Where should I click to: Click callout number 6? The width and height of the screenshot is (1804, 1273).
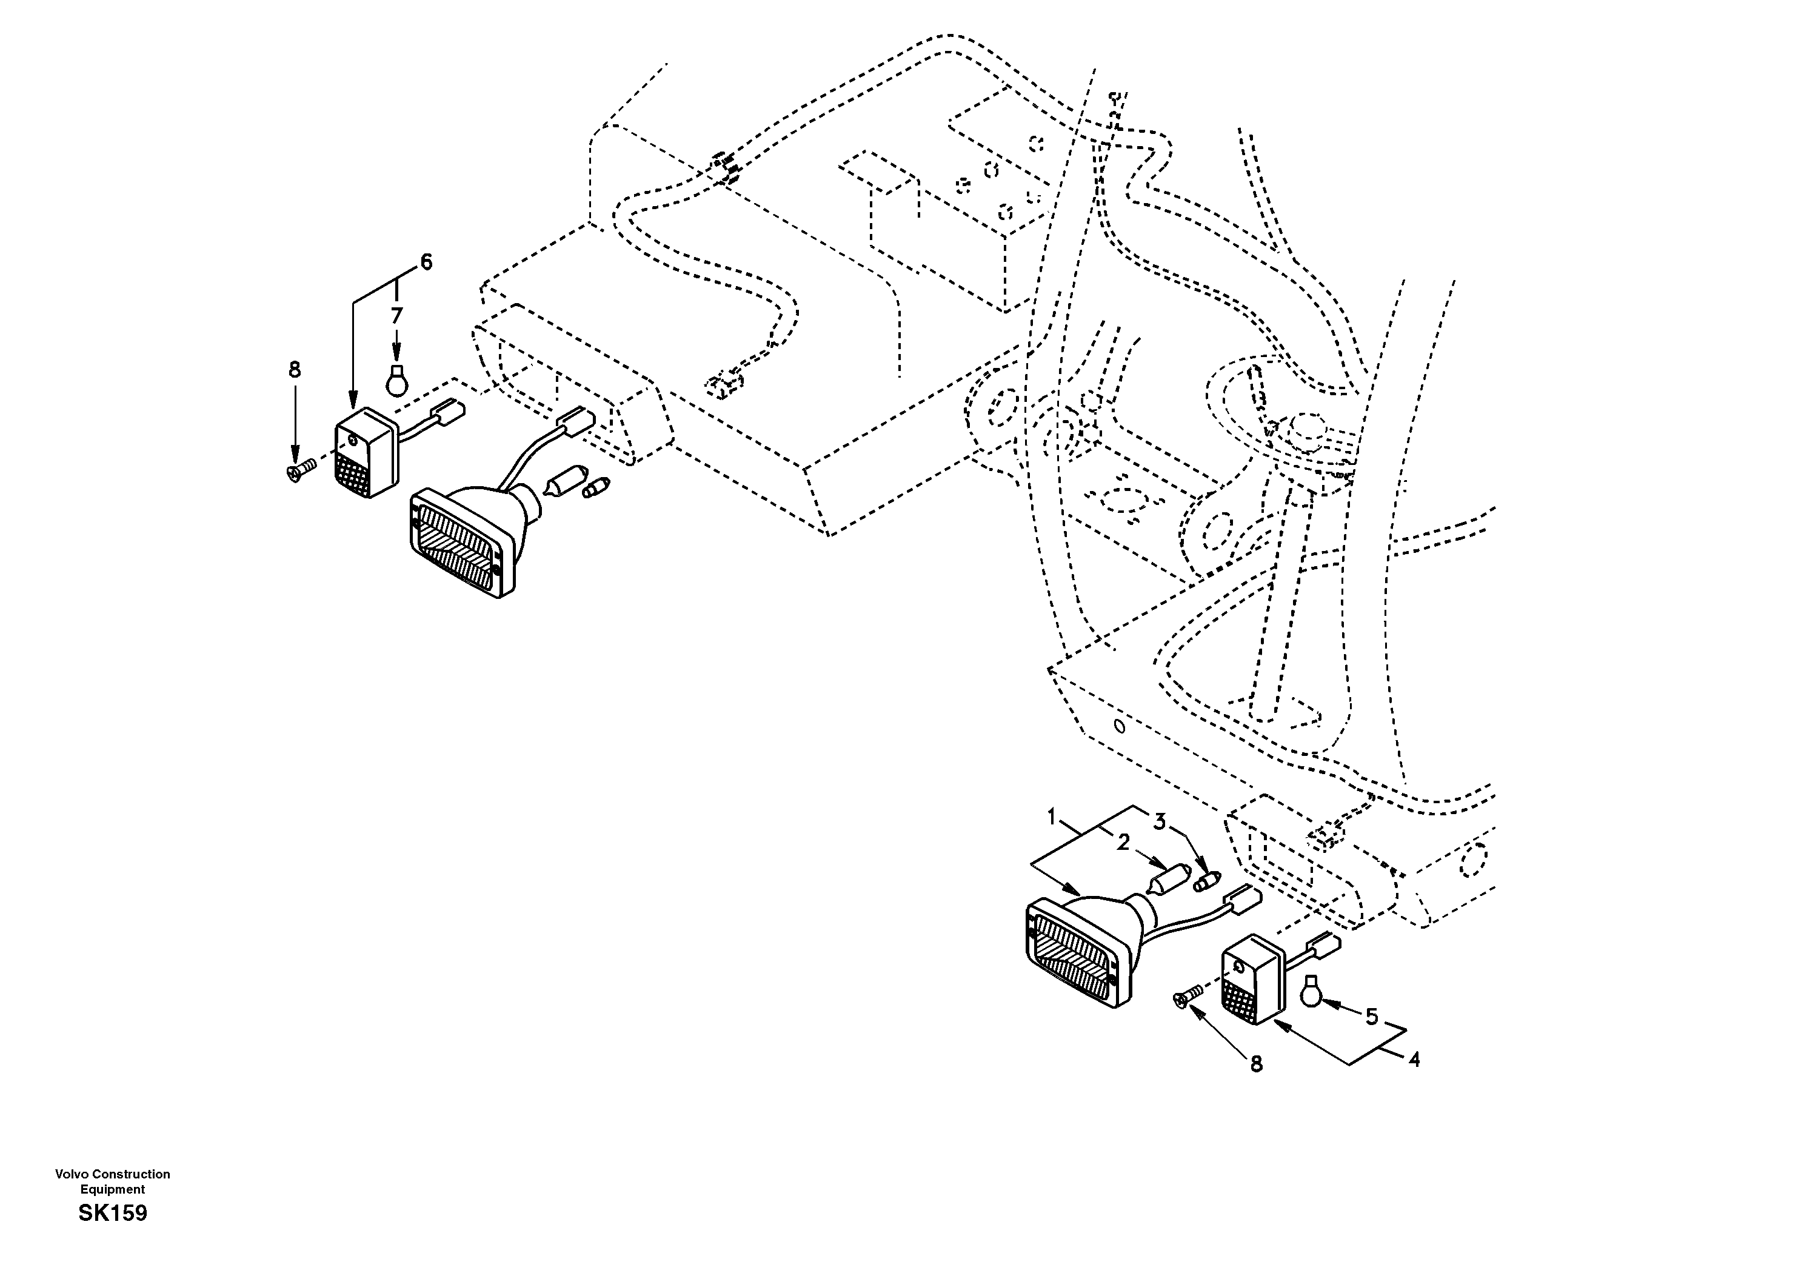(426, 262)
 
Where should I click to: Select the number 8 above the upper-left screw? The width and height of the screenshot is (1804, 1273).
(295, 369)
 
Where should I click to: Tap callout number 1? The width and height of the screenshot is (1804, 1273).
(1051, 817)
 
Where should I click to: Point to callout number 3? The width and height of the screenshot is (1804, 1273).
(1160, 822)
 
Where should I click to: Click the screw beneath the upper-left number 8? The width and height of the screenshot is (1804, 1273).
(299, 470)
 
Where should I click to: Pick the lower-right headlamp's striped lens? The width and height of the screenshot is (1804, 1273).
(1072, 954)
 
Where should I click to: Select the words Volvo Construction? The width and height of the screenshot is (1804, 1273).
(112, 1174)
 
